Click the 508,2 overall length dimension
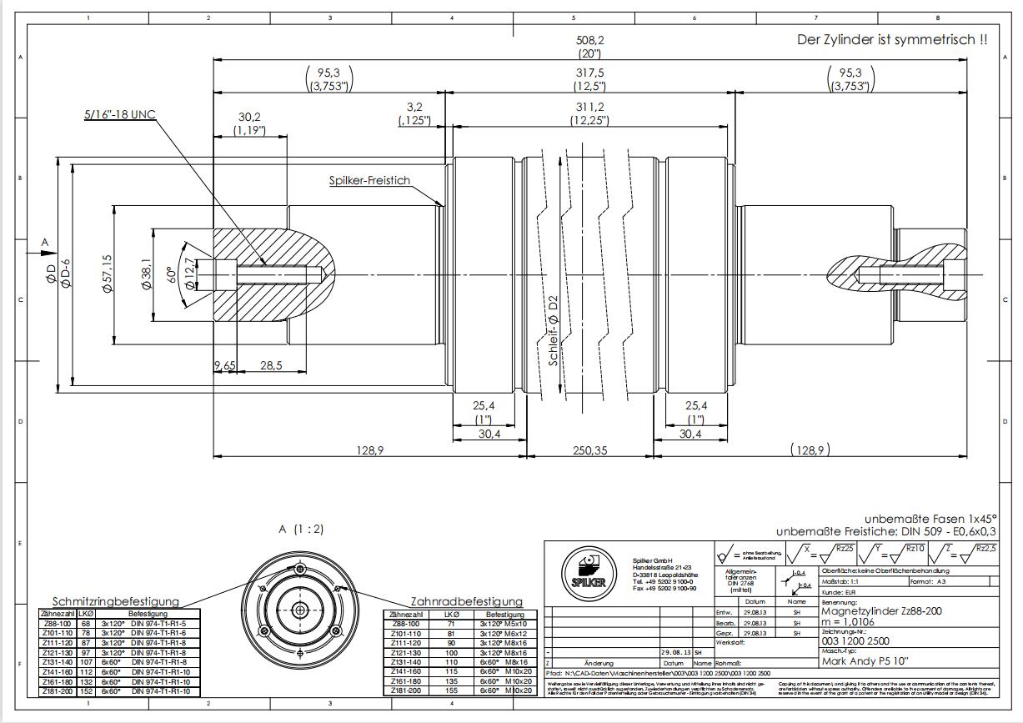click(590, 39)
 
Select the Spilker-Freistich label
click(369, 181)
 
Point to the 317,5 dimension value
click(590, 73)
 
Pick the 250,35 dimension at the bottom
click(590, 450)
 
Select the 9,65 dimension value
click(225, 365)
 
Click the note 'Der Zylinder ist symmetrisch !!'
click(892, 39)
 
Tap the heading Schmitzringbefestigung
click(116, 601)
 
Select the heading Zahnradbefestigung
click(466, 601)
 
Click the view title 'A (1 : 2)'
click(301, 529)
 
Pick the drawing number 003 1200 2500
click(855, 641)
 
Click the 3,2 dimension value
click(414, 107)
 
